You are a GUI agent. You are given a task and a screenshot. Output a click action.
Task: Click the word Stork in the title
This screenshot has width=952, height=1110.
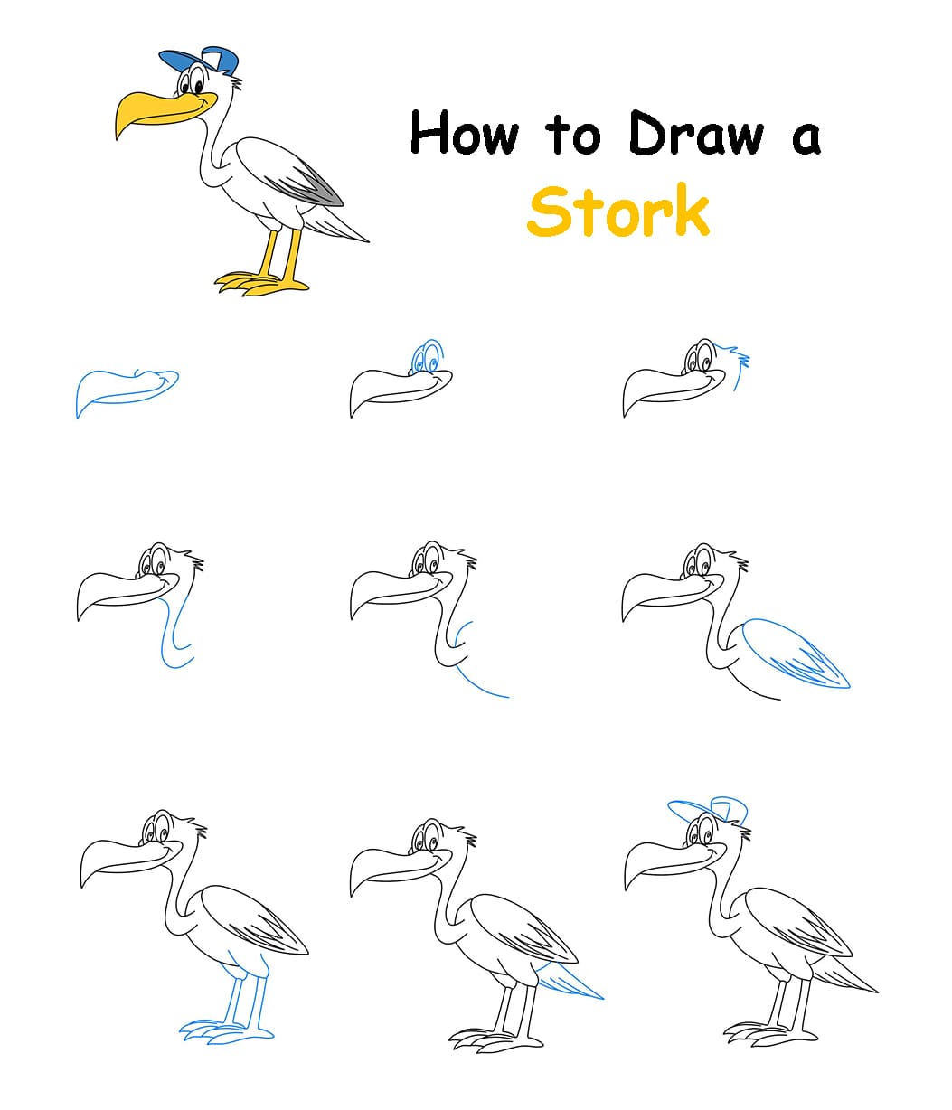tap(618, 211)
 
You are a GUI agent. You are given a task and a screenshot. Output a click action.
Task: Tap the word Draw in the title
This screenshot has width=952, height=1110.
tap(695, 134)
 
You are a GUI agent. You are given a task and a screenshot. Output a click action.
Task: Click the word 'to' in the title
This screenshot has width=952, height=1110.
tap(572, 136)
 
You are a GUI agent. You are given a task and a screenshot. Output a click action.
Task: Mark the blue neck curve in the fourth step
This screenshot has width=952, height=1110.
tap(172, 633)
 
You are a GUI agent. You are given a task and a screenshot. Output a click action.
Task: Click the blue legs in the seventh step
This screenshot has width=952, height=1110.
tap(240, 999)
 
